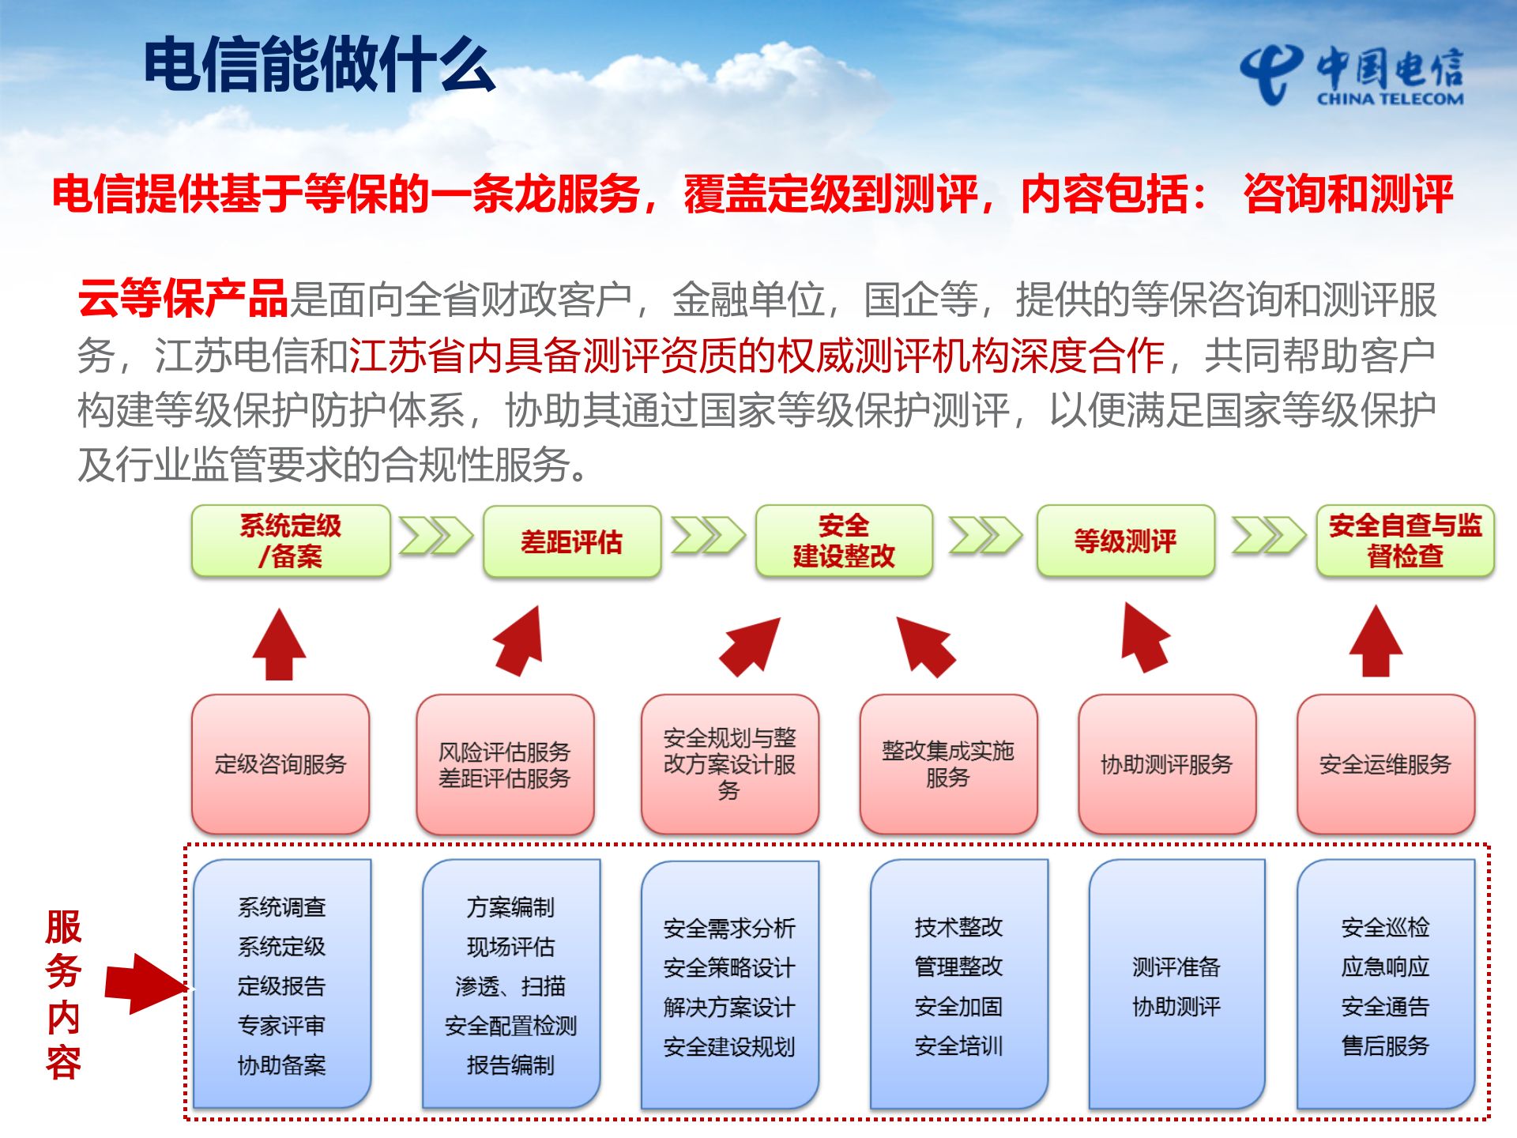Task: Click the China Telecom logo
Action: point(1351,75)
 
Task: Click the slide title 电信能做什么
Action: point(319,65)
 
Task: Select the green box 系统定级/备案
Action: point(291,541)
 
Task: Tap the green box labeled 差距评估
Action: point(571,542)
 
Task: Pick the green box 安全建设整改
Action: point(844,541)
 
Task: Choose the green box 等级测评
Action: point(1125,541)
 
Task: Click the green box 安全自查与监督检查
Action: point(1405,541)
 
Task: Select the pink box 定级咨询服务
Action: point(280,764)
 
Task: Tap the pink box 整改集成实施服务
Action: point(947,764)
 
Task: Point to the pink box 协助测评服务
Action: point(1166,764)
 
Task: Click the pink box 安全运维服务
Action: point(1385,764)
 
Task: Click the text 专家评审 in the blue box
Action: point(281,1026)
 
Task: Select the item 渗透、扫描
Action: point(510,986)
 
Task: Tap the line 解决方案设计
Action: point(728,1008)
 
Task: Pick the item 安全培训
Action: point(958,1046)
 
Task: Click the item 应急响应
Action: point(1385,967)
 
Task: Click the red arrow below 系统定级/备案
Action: point(279,644)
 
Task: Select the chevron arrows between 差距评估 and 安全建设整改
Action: point(707,536)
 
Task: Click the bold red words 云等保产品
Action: point(183,299)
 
